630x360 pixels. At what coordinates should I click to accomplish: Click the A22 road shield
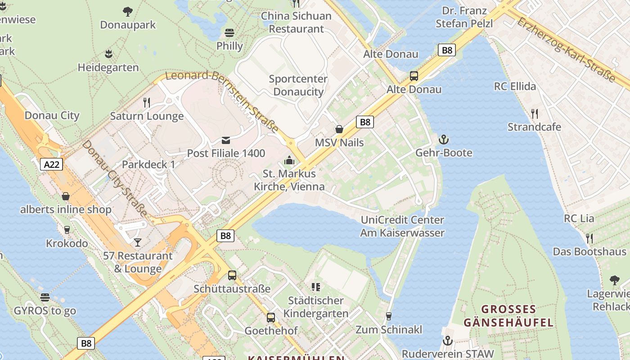tap(51, 164)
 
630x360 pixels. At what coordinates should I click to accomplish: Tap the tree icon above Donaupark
tap(128, 11)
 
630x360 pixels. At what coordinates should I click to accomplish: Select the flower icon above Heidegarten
tap(108, 54)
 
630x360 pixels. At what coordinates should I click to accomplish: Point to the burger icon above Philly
tap(229, 32)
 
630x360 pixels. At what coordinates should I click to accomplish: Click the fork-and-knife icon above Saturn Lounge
tap(147, 103)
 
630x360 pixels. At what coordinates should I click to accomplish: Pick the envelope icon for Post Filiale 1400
tap(226, 140)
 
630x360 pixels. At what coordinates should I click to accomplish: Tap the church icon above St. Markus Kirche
tap(289, 160)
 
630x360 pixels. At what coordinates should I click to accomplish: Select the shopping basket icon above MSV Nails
tap(339, 130)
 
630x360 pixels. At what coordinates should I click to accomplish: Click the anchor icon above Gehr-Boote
tap(444, 139)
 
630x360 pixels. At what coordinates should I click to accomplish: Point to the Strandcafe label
tap(534, 127)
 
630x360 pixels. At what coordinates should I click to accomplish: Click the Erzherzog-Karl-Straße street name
tap(566, 49)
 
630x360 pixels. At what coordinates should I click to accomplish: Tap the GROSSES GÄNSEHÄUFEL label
tap(508, 316)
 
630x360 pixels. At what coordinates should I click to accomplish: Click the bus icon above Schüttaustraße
tap(232, 275)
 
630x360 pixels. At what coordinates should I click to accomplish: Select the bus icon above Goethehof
tap(271, 318)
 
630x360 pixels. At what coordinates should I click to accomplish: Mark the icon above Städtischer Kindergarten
tap(316, 287)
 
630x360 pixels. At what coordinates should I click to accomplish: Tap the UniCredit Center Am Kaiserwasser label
tap(402, 226)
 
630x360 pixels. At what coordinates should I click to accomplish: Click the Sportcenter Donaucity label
tap(298, 85)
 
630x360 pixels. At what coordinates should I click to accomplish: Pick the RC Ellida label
tap(515, 86)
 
